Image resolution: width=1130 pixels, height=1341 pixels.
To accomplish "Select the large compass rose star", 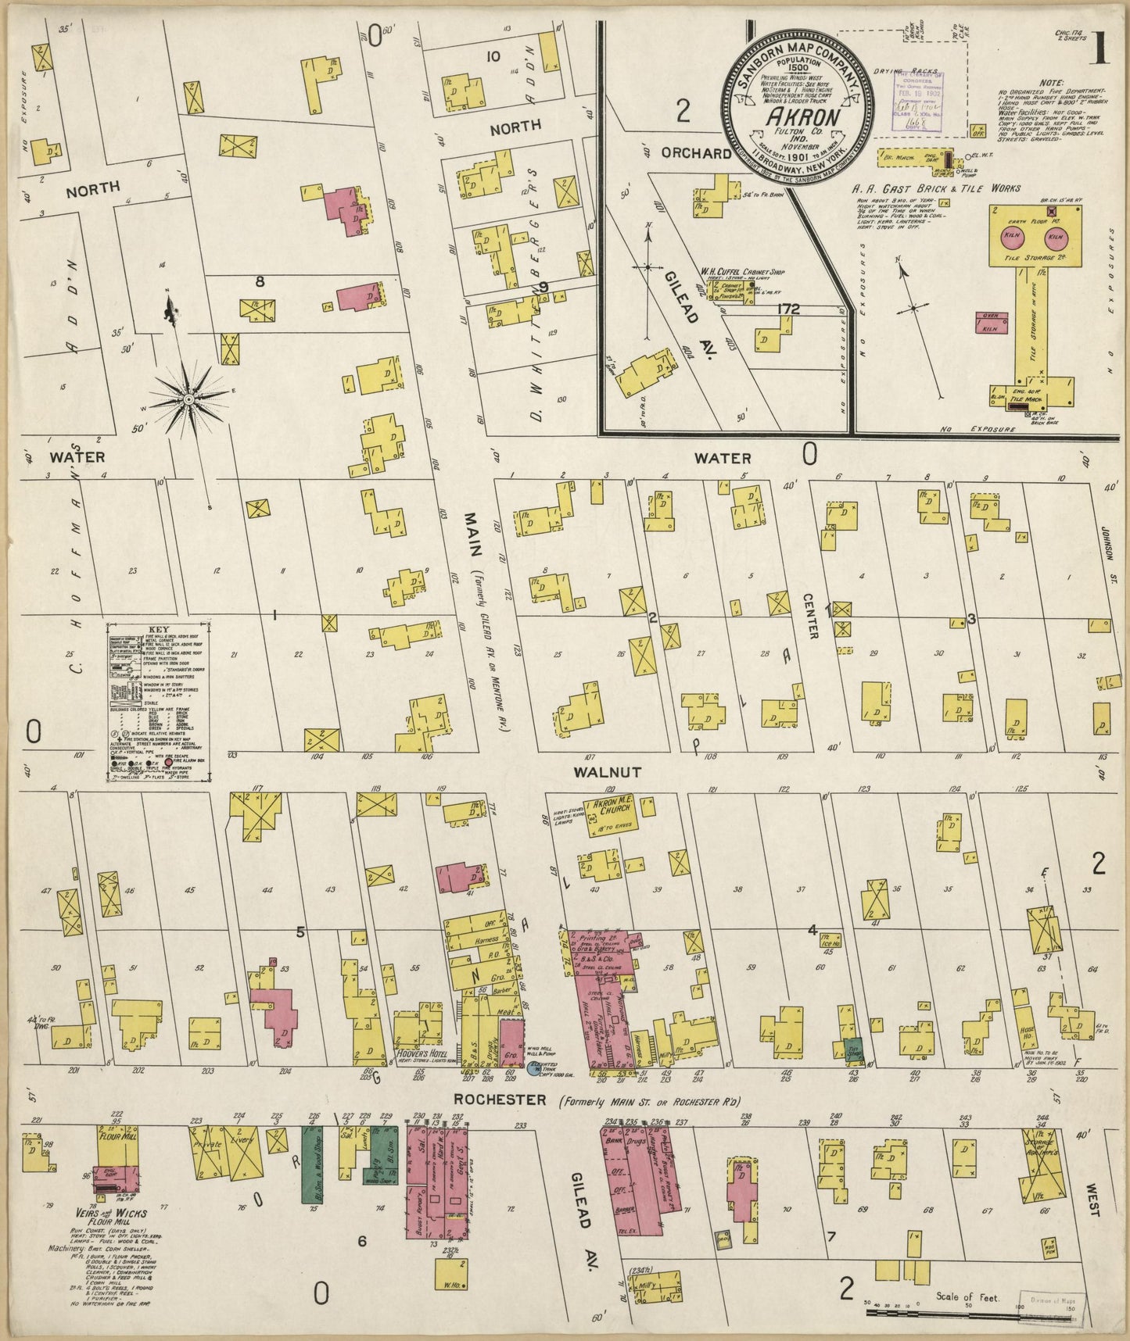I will [188, 399].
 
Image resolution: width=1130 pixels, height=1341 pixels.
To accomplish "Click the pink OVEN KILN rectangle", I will [989, 324].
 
